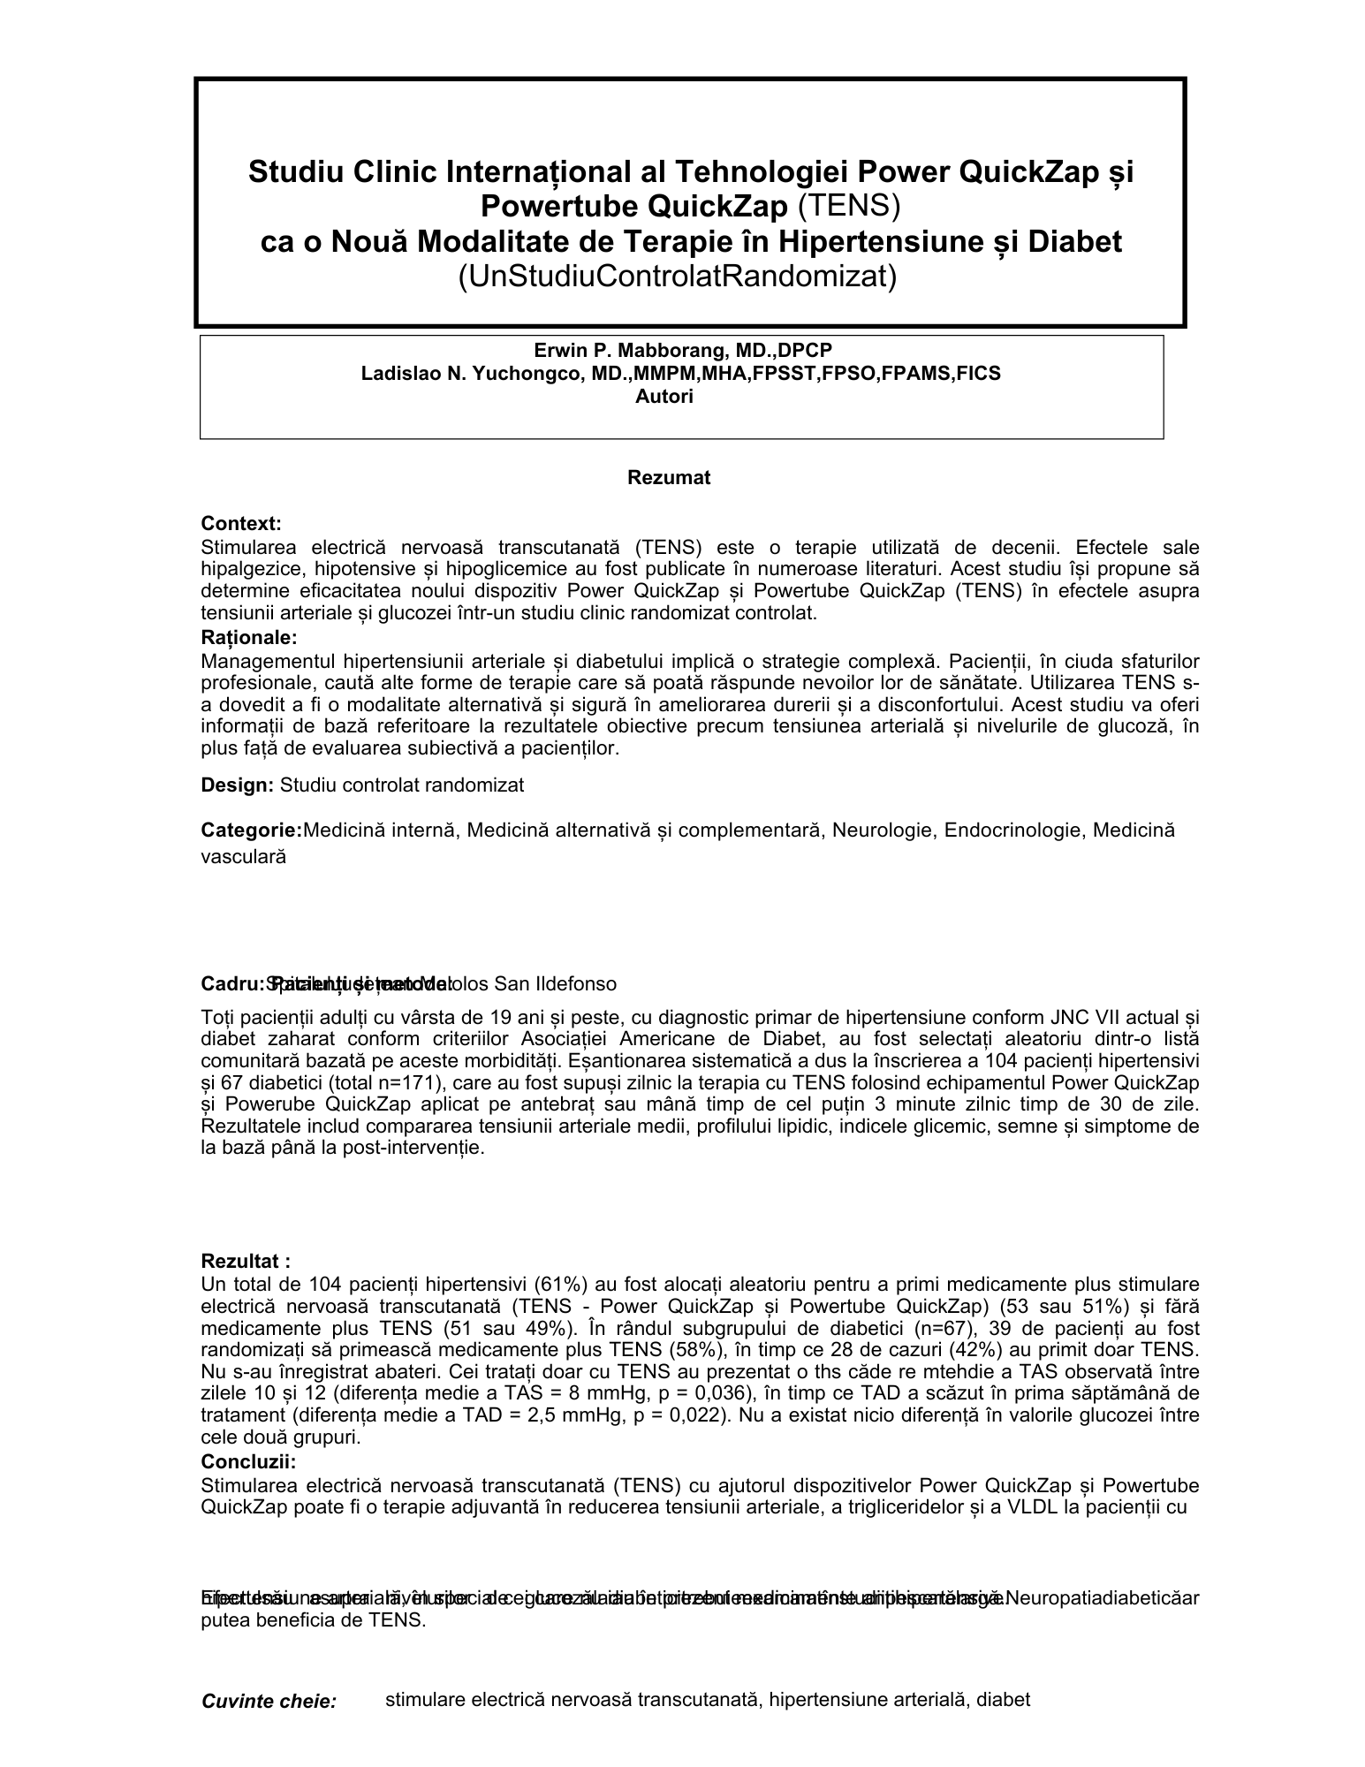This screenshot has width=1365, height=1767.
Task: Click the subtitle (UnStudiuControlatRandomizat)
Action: coord(677,277)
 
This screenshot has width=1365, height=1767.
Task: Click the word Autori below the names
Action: coord(664,397)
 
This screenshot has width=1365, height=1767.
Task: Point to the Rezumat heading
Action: coord(669,478)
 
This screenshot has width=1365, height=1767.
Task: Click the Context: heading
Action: coord(241,524)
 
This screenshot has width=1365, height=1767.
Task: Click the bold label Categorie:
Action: coord(251,830)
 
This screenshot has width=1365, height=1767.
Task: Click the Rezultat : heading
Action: coord(246,1261)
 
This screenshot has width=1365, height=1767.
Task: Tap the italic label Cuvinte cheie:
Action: coord(269,1701)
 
